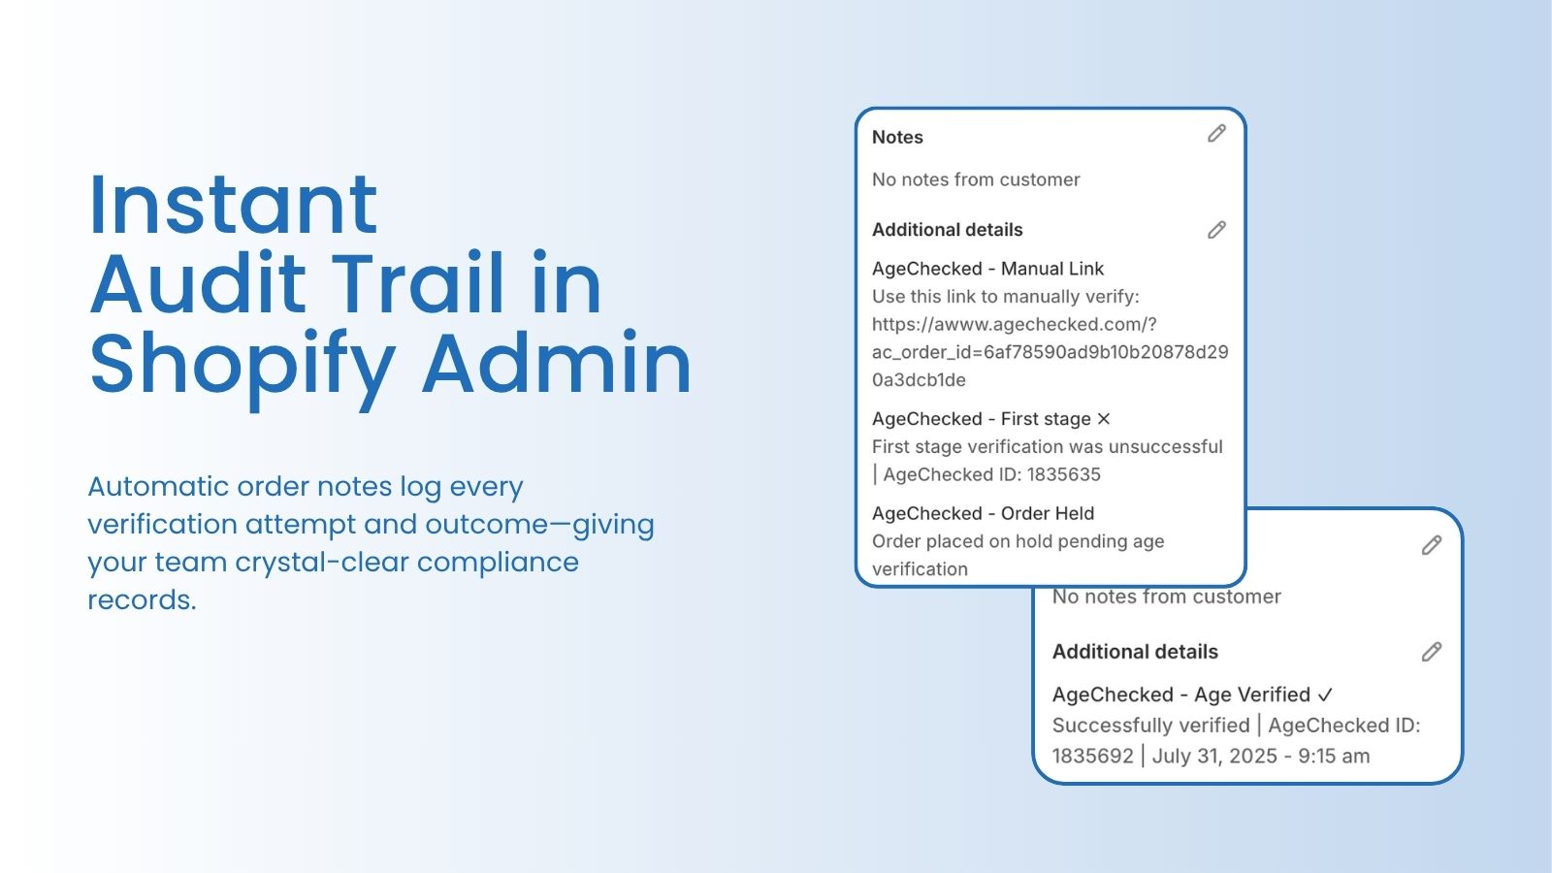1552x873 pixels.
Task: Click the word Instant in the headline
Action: pos(234,205)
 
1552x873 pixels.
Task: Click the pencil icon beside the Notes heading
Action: pos(1216,133)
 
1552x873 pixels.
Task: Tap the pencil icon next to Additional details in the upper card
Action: pos(1216,229)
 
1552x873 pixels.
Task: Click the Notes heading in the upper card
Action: pos(897,137)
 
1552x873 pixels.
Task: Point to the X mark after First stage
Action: pos(1104,418)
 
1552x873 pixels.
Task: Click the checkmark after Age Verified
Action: pos(1325,695)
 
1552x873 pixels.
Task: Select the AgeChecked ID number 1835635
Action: pos(1063,474)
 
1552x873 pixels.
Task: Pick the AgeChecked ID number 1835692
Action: pos(1092,756)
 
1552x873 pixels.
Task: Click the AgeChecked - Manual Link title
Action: pos(987,269)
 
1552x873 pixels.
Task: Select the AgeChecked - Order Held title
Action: pos(984,513)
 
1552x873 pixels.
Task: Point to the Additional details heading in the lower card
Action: pos(1135,652)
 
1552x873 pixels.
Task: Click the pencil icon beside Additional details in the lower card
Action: pos(1432,652)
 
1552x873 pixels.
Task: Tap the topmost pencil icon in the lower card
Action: pos(1432,545)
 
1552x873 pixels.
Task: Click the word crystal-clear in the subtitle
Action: pos(321,563)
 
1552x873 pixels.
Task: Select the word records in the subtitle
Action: pos(142,600)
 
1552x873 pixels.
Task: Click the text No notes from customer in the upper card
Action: pos(976,179)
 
